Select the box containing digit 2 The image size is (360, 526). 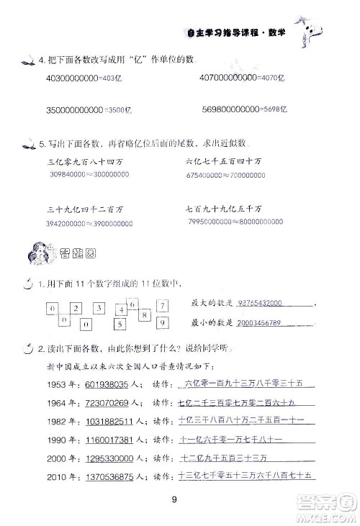75,309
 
